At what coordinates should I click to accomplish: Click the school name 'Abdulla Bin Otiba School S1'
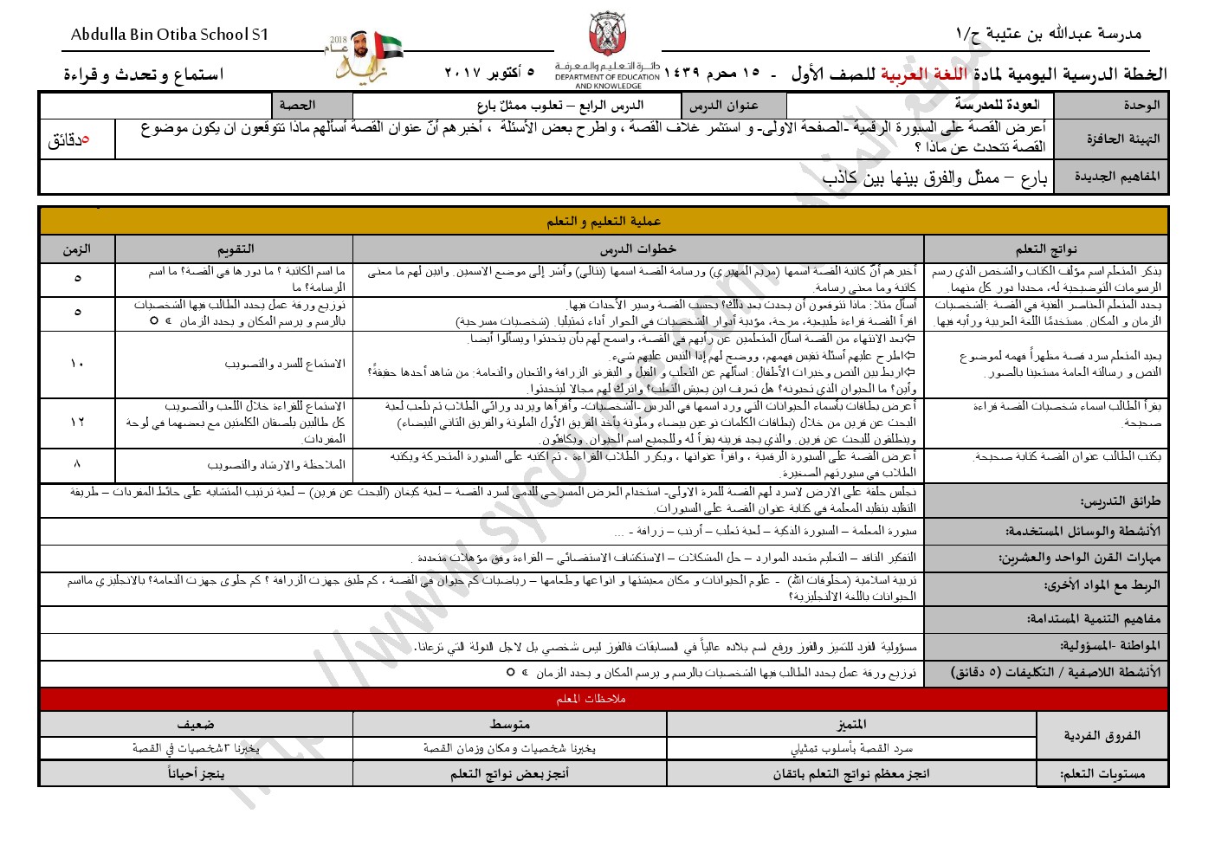(x=170, y=35)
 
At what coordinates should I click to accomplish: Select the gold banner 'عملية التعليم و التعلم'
(x=604, y=222)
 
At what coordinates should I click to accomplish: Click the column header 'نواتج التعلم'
(x=1045, y=249)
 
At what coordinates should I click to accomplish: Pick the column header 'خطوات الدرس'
(x=638, y=249)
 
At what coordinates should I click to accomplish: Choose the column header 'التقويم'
(x=235, y=249)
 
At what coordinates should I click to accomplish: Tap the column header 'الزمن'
(x=77, y=249)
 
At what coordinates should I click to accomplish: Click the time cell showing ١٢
(x=77, y=422)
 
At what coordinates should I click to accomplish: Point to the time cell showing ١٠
(x=77, y=364)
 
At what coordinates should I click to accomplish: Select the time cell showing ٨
(x=77, y=464)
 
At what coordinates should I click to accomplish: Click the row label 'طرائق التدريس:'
(x=1120, y=501)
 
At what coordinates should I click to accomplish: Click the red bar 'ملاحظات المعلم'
(x=591, y=699)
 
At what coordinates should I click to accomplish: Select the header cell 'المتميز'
(x=851, y=724)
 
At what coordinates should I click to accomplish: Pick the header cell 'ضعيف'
(x=196, y=724)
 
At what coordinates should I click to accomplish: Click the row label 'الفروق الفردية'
(x=1102, y=735)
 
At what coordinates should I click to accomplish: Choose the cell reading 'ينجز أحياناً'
(x=196, y=773)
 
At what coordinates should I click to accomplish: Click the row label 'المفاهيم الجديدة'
(x=1117, y=176)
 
